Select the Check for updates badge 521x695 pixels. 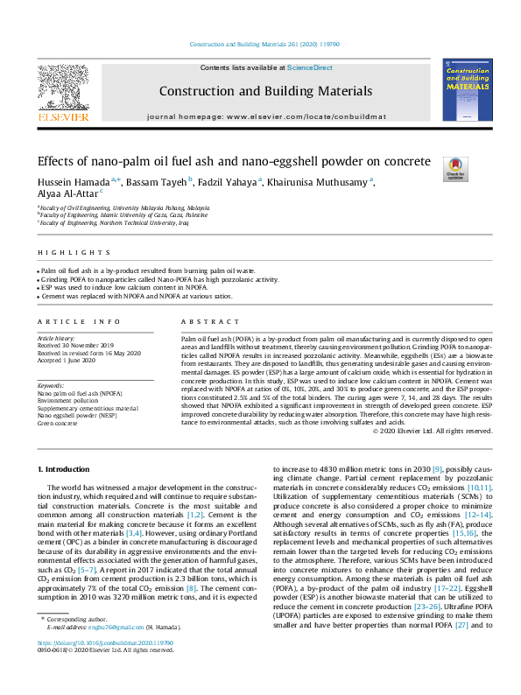[x=456, y=166]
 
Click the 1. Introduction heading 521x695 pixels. [x=67, y=470]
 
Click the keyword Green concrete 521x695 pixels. [x=58, y=423]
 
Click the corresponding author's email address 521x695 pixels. [x=121, y=652]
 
